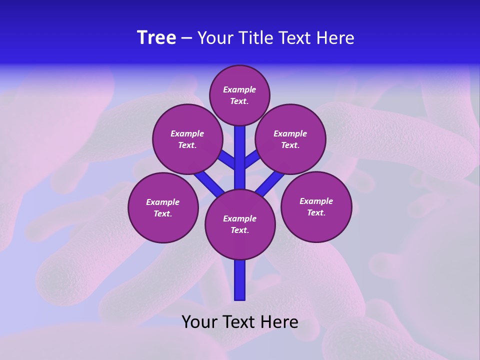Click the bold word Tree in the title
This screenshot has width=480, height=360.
tap(156, 38)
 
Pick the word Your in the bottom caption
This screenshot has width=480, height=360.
tap(199, 321)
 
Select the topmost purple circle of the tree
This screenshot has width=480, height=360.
tap(239, 95)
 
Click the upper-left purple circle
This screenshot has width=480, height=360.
tap(187, 139)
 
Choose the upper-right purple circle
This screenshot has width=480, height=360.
tap(290, 139)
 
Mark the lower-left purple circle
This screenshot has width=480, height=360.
tap(163, 207)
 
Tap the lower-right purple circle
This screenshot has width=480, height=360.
tap(316, 206)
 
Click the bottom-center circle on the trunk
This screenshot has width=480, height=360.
tap(240, 224)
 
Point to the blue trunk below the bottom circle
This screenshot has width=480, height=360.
tap(240, 280)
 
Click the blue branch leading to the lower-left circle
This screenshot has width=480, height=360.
tap(208, 182)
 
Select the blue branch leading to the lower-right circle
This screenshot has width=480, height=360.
tap(270, 182)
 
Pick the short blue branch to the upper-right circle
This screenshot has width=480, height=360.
tap(251, 159)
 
